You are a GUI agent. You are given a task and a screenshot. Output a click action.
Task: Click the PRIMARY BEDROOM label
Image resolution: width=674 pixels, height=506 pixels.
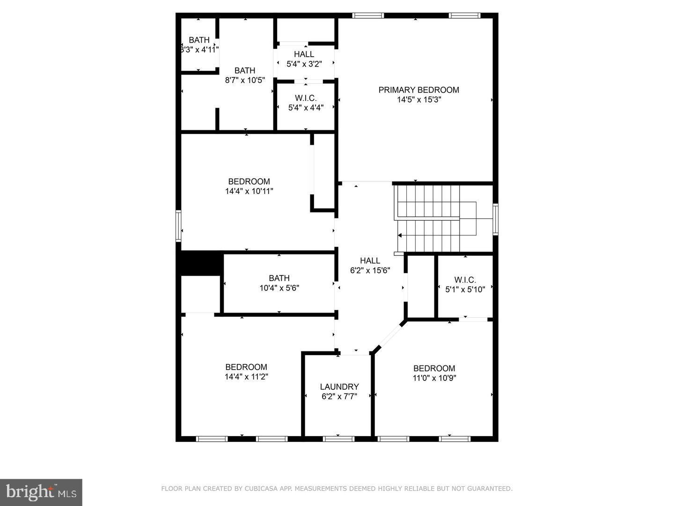click(418, 90)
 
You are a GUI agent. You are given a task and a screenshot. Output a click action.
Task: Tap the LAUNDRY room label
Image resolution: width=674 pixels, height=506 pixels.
click(339, 387)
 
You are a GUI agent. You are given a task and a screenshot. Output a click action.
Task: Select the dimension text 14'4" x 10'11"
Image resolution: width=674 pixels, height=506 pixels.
click(249, 191)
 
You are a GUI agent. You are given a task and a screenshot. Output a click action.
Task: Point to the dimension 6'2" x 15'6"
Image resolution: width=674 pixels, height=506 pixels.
click(370, 270)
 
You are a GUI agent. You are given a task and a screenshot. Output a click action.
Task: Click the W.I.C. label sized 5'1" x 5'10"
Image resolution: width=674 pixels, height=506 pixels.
click(465, 280)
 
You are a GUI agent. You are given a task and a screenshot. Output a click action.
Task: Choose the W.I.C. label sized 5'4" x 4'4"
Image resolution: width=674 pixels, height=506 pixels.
click(306, 98)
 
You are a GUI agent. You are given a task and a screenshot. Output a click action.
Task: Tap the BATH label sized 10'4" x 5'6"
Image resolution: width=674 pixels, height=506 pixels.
click(279, 278)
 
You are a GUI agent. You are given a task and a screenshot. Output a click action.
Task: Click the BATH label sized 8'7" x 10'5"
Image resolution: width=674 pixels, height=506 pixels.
click(245, 70)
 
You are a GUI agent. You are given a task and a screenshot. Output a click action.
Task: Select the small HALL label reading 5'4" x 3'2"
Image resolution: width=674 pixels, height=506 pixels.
click(304, 54)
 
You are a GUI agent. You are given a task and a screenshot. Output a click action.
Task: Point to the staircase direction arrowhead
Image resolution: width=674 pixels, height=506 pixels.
click(400, 236)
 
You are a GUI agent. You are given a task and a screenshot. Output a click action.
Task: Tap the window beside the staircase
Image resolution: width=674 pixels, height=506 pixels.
click(495, 218)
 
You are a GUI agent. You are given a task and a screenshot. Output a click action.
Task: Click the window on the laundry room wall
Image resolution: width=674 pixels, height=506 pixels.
click(338, 439)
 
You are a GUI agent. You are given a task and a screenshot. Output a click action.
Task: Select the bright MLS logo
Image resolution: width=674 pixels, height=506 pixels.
click(41, 492)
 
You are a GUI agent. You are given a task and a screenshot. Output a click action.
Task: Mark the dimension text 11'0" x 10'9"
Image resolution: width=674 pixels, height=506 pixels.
click(434, 378)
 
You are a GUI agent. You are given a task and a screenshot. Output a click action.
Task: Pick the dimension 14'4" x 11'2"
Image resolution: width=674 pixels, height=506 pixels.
click(246, 377)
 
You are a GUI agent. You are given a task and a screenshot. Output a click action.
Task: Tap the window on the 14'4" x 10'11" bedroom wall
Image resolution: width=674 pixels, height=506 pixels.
click(178, 226)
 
